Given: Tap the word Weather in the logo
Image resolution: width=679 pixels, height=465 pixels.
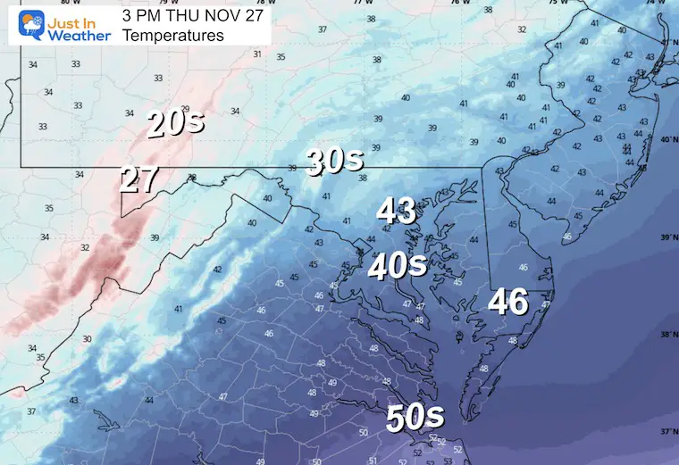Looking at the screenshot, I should pyautogui.click(x=79, y=36).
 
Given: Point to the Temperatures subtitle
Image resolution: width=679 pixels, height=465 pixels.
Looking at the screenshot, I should pyautogui.click(x=173, y=36).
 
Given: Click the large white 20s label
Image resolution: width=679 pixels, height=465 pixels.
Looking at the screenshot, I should pyautogui.click(x=174, y=122).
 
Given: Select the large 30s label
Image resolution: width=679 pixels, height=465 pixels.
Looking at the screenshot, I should pyautogui.click(x=335, y=161).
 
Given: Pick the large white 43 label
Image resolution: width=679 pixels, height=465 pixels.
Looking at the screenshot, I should pyautogui.click(x=396, y=212).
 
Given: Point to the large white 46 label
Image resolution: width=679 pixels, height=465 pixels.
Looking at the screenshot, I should pyautogui.click(x=507, y=302).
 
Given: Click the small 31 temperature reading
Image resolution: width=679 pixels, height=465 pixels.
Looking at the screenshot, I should pyautogui.click(x=257, y=54).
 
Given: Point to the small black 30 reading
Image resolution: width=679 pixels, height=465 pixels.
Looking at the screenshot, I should pyautogui.click(x=87, y=339).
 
